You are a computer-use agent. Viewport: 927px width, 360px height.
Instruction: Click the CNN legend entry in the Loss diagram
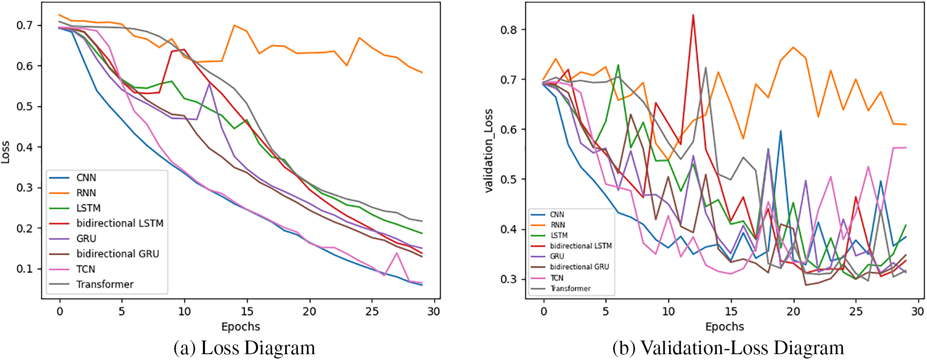pyautogui.click(x=86, y=178)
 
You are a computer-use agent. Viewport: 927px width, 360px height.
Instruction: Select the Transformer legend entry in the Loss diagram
pyautogui.click(x=105, y=284)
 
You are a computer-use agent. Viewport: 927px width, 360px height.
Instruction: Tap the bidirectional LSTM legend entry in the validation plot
pyautogui.click(x=581, y=246)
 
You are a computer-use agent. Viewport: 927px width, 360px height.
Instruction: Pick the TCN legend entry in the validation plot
pyautogui.click(x=557, y=278)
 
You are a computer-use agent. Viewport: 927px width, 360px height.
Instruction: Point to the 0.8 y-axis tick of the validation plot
pyautogui.click(x=509, y=30)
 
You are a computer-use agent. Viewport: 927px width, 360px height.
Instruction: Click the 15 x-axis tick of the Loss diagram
pyautogui.click(x=247, y=311)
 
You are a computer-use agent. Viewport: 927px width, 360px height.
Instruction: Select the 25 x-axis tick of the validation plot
pyautogui.click(x=855, y=311)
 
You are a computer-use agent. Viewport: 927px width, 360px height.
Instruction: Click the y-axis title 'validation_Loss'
pyautogui.click(x=489, y=151)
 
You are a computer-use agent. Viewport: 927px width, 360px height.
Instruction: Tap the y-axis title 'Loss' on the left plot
pyautogui.click(x=5, y=152)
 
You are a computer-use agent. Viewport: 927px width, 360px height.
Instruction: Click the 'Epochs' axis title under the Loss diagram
pyautogui.click(x=240, y=326)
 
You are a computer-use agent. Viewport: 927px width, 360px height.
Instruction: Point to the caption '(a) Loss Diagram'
pyautogui.click(x=244, y=348)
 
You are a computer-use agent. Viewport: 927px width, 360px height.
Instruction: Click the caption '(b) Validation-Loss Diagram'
pyautogui.click(x=728, y=348)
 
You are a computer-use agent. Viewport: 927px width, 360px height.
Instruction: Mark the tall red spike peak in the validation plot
pyautogui.click(x=693, y=15)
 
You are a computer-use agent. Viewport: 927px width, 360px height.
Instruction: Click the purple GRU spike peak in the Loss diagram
pyautogui.click(x=209, y=83)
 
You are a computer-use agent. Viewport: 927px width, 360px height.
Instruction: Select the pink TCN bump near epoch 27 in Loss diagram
pyautogui.click(x=397, y=253)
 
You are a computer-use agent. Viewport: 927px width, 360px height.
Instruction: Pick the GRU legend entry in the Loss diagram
pyautogui.click(x=86, y=238)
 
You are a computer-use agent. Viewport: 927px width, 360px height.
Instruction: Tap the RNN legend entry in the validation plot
pyautogui.click(x=558, y=225)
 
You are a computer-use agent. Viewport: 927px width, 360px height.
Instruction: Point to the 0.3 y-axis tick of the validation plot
pyautogui.click(x=509, y=279)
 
